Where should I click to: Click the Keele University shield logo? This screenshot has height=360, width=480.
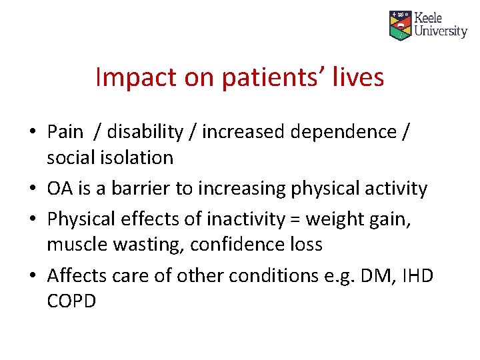(400, 25)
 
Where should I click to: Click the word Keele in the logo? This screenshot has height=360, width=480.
(428, 18)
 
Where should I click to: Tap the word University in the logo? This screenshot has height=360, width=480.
(440, 31)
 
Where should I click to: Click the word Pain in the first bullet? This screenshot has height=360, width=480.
(65, 132)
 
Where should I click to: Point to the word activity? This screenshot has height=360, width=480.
(395, 189)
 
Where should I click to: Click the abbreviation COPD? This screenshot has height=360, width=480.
(71, 301)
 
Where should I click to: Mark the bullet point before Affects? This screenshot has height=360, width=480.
(33, 275)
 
